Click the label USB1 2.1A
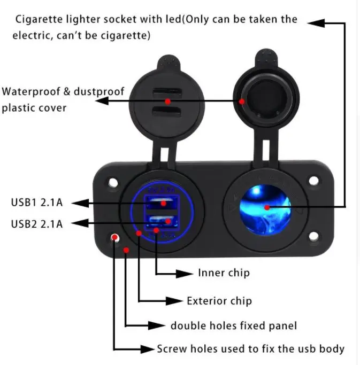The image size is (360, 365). (x=37, y=203)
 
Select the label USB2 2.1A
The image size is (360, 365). (x=37, y=224)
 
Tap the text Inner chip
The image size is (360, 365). (x=224, y=273)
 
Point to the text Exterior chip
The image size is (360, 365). (x=219, y=301)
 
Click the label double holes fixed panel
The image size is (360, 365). (x=234, y=325)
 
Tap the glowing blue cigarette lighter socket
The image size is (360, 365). (x=265, y=210)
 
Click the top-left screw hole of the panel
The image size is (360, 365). (x=113, y=182)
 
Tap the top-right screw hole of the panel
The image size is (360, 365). (x=313, y=181)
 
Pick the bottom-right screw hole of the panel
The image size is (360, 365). (x=313, y=236)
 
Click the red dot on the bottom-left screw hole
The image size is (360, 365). (x=114, y=237)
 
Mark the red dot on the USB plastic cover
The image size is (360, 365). (x=168, y=101)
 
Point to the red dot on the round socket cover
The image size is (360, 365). (x=242, y=102)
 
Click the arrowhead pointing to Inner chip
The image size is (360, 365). (x=185, y=274)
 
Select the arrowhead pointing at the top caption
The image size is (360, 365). (x=316, y=23)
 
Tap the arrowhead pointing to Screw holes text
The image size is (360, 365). (x=148, y=349)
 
